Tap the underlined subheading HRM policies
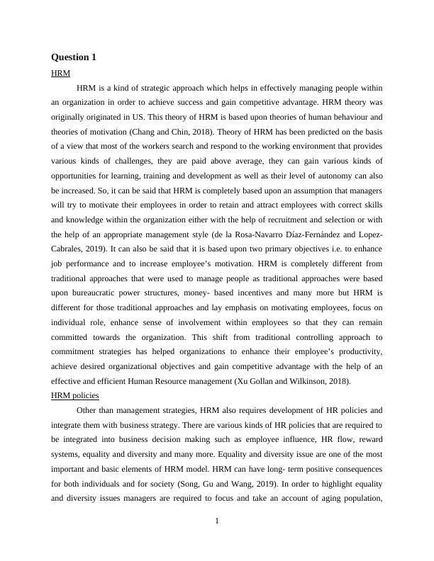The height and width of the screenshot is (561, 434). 75,395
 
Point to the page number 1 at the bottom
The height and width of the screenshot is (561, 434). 217,522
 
